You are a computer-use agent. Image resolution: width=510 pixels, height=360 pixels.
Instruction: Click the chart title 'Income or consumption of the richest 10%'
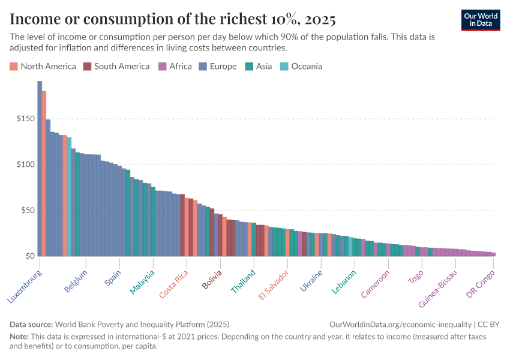coord(173,19)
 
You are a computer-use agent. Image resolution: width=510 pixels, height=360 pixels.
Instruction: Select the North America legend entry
coord(43,66)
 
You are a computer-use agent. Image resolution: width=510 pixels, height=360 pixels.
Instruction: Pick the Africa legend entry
coord(175,66)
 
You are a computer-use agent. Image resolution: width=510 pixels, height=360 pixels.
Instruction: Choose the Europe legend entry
coord(218,66)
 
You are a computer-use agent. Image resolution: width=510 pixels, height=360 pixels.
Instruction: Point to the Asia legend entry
coord(259,66)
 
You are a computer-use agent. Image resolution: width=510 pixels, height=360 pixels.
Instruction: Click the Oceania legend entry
coord(301,66)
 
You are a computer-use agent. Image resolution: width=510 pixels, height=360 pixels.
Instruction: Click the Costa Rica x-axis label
coord(174,284)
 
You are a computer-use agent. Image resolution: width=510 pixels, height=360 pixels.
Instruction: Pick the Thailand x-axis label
coord(243,281)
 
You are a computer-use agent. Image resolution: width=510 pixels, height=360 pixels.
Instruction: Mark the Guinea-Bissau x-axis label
coord(438,289)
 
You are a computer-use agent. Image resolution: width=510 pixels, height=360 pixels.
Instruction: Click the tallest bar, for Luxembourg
coord(40,168)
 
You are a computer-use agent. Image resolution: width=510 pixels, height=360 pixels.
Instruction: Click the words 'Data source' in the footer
coord(31,323)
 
